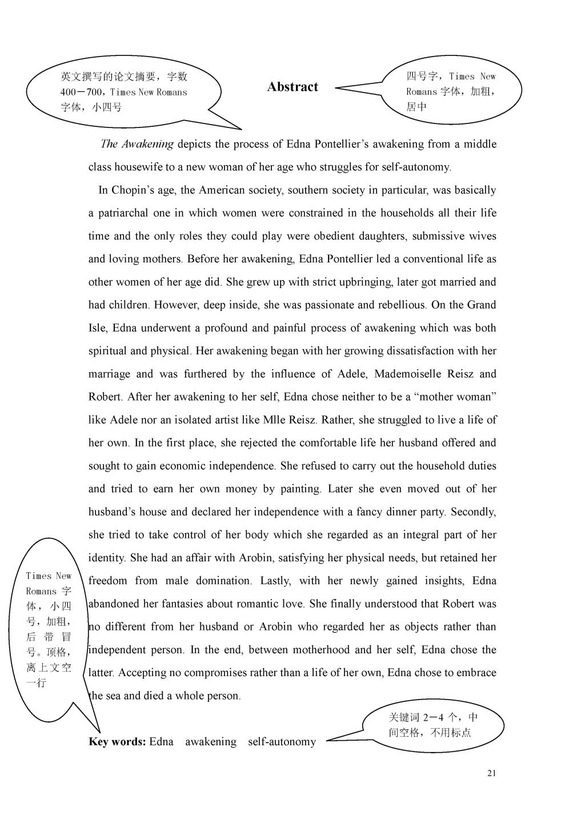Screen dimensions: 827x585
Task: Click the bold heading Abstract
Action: [x=292, y=87]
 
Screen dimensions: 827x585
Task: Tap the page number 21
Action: [x=492, y=773]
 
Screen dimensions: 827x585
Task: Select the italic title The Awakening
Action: [x=137, y=144]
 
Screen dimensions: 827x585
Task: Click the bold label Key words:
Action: [x=117, y=742]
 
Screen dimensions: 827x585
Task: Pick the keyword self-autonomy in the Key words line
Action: [x=282, y=742]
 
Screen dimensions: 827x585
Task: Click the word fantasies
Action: [x=182, y=604]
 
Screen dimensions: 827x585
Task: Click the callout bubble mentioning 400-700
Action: [x=124, y=92]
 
